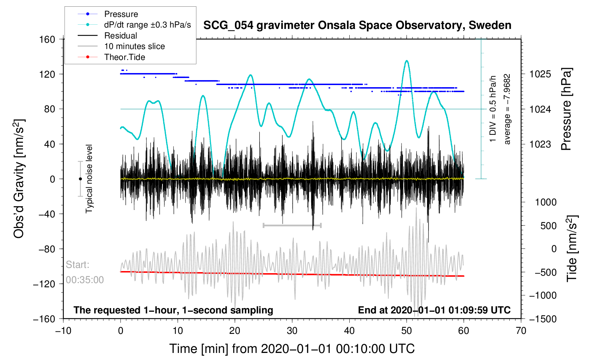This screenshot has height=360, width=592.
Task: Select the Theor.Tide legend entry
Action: click(111, 57)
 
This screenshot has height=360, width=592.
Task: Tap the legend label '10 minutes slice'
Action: click(121, 46)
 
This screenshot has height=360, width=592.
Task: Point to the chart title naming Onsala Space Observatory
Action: click(357, 25)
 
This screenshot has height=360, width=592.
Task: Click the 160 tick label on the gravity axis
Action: click(47, 40)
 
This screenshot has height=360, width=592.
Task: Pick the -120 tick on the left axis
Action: click(44, 284)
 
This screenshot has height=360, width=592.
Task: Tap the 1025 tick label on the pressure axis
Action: click(540, 74)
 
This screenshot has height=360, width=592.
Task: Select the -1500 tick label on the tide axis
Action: click(543, 319)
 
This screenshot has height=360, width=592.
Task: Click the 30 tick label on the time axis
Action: click(292, 331)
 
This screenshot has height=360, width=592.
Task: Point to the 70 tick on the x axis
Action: click(521, 331)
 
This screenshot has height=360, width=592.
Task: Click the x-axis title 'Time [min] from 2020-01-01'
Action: click(292, 349)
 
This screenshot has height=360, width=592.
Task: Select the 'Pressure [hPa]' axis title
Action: click(566, 109)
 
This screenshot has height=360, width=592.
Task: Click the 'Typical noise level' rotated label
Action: click(89, 179)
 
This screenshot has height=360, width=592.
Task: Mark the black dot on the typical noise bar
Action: click(80, 179)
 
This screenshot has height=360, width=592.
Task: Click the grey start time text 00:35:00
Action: click(85, 280)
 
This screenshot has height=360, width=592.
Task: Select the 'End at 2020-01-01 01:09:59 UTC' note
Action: click(434, 310)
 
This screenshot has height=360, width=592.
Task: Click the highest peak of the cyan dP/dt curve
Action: click(407, 61)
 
